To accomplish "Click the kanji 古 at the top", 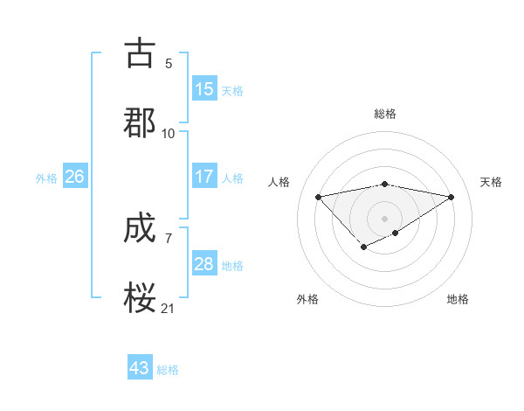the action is point(141,54).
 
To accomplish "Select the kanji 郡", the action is point(141,122).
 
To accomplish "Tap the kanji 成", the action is point(141,230).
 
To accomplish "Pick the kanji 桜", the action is point(141,298).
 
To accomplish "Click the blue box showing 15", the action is point(204,89).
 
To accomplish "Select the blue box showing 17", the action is point(204,177).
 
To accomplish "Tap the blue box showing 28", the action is point(204,264).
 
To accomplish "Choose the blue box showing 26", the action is point(74,177).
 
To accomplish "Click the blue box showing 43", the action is point(140,368).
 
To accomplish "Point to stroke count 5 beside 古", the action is point(169,64).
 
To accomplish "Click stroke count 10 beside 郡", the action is point(169,133).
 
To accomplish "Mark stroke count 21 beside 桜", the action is point(169,307).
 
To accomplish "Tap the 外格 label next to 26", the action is point(46,178).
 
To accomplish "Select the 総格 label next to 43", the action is point(168,370).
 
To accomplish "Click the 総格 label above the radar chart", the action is point(385,114).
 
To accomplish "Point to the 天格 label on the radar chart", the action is point(491,182).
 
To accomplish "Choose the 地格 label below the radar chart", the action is point(458,299).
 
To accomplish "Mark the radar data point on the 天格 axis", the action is point(452,196).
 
